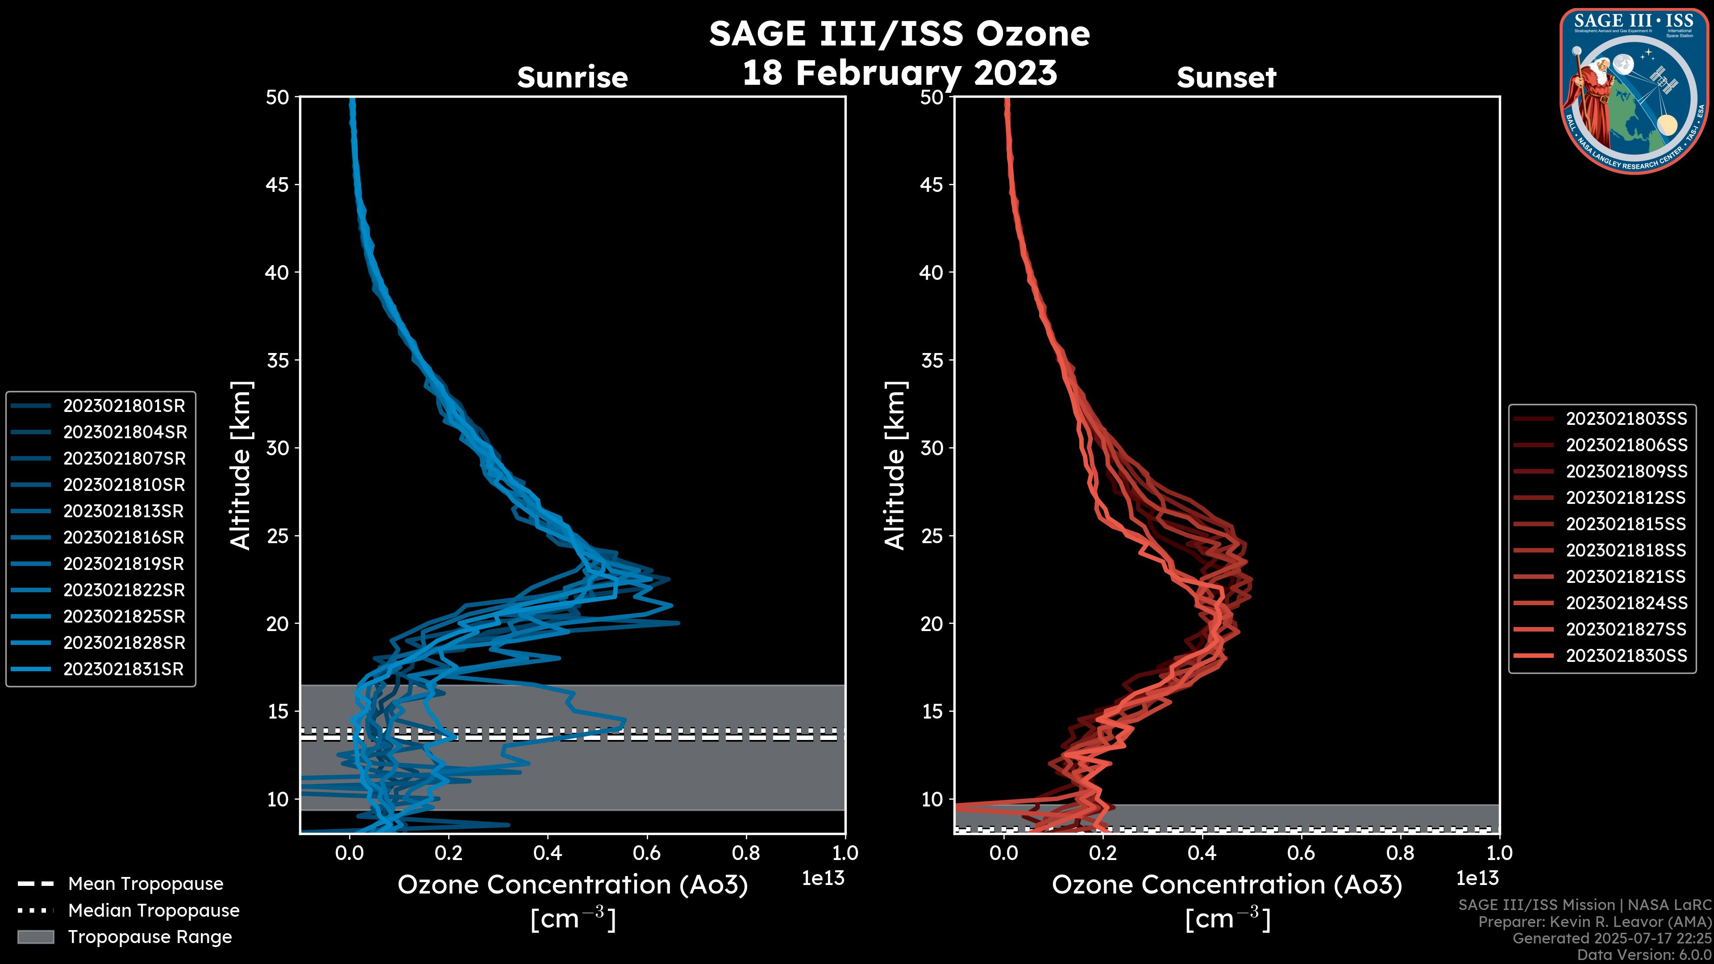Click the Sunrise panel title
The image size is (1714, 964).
[x=572, y=78]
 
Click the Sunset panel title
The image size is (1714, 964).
[x=1226, y=78]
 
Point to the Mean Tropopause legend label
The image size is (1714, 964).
[x=146, y=884]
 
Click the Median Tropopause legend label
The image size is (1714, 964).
[x=154, y=911]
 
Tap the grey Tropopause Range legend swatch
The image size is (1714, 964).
[x=36, y=937]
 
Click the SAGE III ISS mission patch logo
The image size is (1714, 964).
[x=1634, y=91]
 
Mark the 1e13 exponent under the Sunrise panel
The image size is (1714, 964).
[x=823, y=879]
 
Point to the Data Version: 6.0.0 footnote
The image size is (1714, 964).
[x=1643, y=956]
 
